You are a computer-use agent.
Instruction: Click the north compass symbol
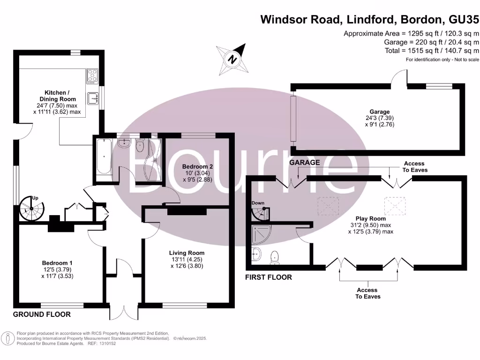(232, 60)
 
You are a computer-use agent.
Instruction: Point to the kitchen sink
(92, 98)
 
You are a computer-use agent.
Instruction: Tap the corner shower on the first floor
(260, 233)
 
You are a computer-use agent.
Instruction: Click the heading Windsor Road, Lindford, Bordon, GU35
(370, 20)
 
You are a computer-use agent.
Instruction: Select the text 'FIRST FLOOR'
(269, 277)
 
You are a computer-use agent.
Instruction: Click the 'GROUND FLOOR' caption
(42, 314)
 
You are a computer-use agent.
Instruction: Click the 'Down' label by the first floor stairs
(258, 203)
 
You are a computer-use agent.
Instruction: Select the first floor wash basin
(256, 255)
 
